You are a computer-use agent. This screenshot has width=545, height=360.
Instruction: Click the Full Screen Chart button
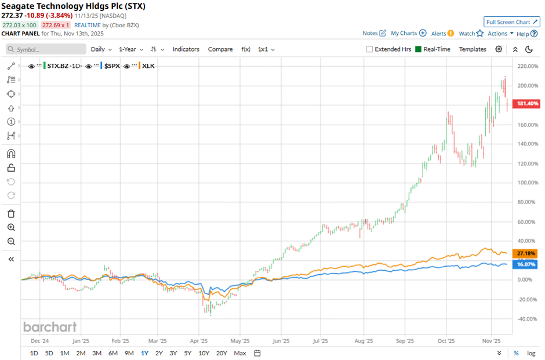(512, 22)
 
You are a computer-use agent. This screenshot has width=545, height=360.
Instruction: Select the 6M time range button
(112, 353)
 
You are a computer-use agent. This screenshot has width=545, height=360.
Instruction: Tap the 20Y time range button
(221, 353)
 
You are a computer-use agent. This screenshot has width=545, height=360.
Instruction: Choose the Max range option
(240, 353)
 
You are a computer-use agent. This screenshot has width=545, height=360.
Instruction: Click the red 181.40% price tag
(527, 104)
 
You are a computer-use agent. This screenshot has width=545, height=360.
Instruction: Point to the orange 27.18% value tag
(527, 253)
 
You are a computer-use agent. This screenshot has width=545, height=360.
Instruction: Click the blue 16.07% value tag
(527, 264)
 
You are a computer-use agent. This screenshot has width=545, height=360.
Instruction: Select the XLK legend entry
(147, 66)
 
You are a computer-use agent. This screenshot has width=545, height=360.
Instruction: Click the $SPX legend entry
(111, 66)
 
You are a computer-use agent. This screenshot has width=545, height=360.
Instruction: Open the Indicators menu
(186, 49)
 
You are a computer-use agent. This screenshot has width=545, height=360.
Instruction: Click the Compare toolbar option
(220, 49)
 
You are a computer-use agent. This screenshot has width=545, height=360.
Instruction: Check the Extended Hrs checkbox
(370, 49)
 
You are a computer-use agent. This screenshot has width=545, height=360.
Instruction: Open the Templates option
(473, 49)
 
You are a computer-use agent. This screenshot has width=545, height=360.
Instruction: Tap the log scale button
(531, 353)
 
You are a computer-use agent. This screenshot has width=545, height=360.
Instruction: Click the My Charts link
(408, 34)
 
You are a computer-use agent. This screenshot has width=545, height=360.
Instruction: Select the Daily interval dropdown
(101, 49)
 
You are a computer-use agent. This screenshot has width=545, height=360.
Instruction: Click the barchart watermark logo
(50, 327)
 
